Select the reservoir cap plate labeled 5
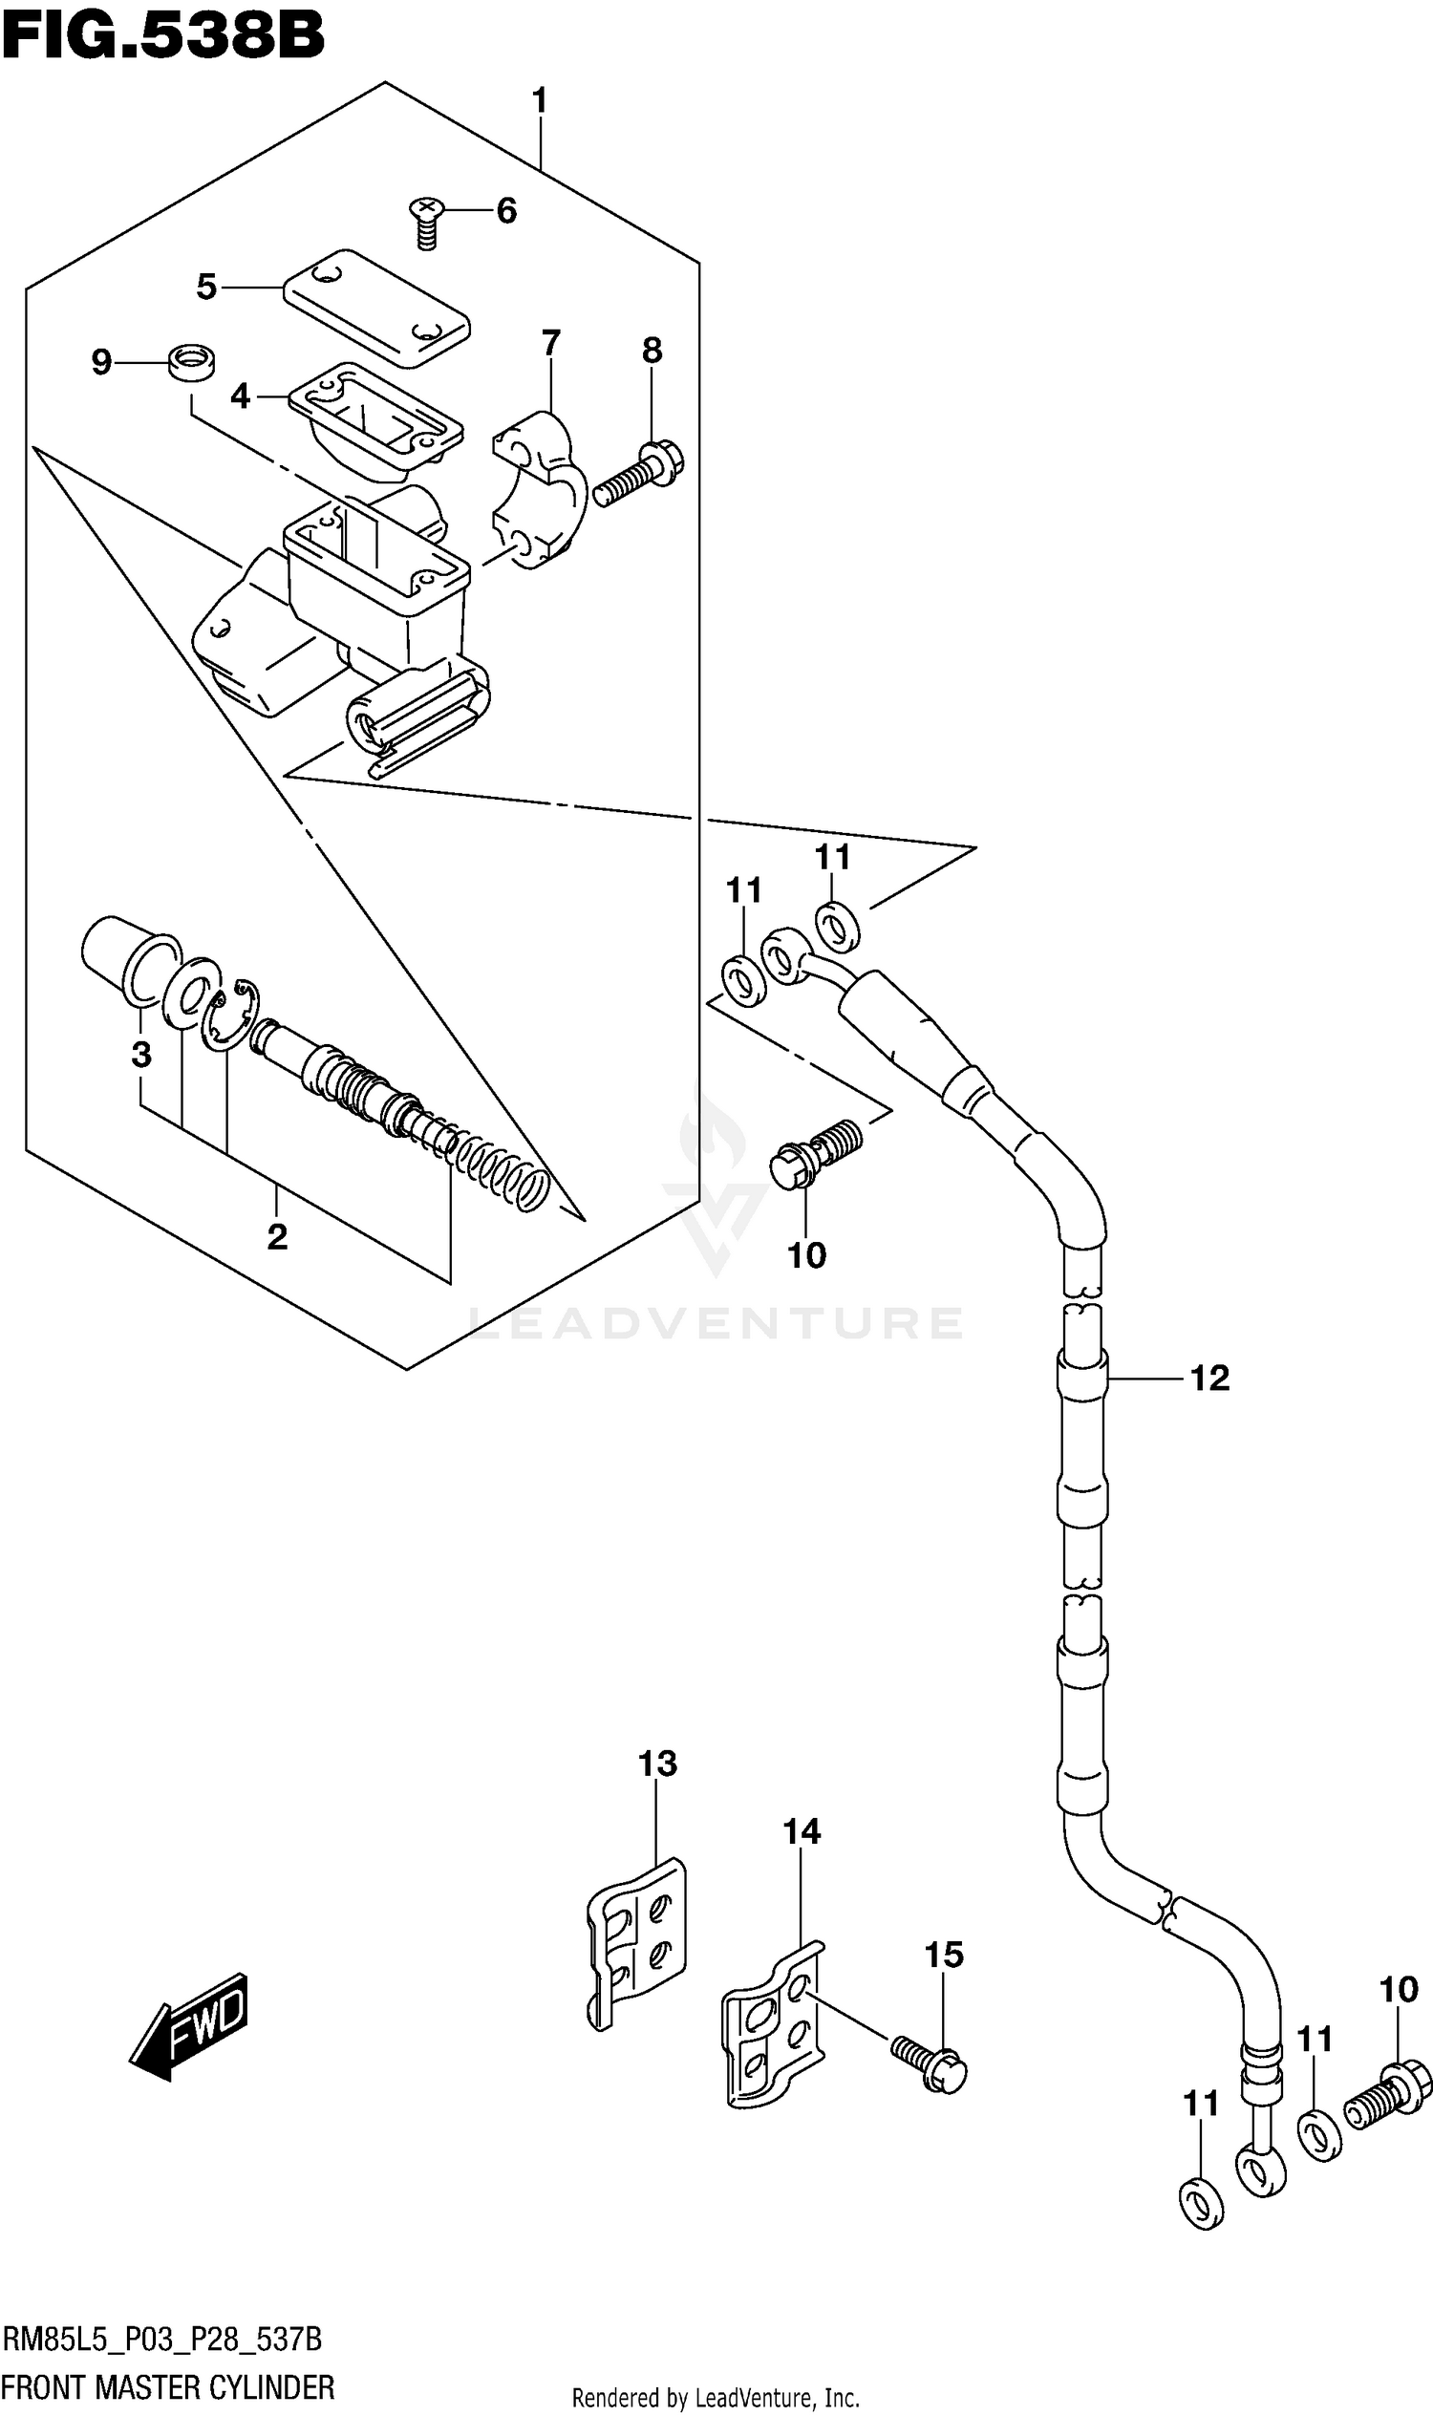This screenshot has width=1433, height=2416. pos(376,307)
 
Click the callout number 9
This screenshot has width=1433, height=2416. pos(101,363)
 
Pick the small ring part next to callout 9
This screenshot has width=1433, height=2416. pos(191,363)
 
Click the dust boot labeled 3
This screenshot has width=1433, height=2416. pos(120,956)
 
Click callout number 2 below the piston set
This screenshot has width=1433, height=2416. pos(277,1237)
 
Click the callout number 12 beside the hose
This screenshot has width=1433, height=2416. pos(1208,1379)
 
